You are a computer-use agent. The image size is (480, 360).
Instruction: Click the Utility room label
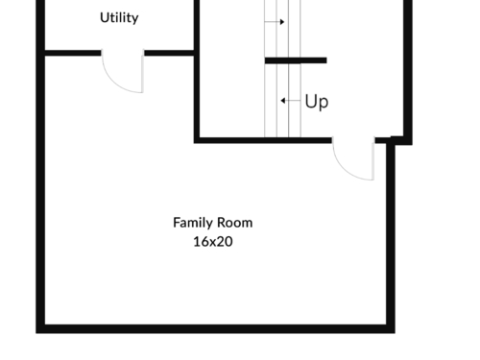pos(119,18)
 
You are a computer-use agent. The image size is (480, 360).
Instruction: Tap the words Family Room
pos(213,223)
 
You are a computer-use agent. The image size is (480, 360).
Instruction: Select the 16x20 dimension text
pos(213,242)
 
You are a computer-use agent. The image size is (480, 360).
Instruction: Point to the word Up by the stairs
pos(317,102)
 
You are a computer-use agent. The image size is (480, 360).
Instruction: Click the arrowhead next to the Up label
pos(282,101)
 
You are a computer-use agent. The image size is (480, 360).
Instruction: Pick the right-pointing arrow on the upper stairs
pos(275,22)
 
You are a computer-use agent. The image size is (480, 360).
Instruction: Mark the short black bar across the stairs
pos(296,60)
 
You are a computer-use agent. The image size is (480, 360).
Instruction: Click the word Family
pos(193,223)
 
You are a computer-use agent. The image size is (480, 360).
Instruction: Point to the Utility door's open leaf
pos(142,71)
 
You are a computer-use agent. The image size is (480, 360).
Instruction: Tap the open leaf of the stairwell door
pos(373,158)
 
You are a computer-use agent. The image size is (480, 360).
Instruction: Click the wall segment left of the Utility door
pos(73,53)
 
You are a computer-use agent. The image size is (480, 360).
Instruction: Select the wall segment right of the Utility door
pos(169,53)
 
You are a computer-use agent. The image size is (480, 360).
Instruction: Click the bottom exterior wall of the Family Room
pos(215,328)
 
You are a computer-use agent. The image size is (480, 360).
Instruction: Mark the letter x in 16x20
pos(213,243)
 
